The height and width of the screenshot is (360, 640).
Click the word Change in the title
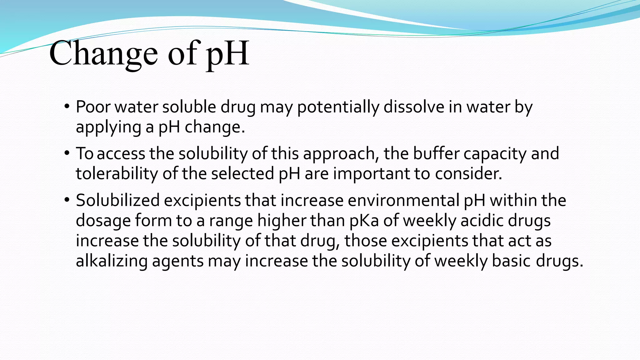click(x=103, y=54)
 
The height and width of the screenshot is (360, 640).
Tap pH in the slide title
click(x=227, y=54)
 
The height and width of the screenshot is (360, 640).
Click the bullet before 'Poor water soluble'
click(x=67, y=107)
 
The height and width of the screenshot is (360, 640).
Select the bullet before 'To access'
click(x=67, y=153)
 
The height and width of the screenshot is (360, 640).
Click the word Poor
click(x=93, y=107)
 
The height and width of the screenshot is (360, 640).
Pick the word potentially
click(x=338, y=107)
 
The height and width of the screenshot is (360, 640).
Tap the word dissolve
click(x=414, y=107)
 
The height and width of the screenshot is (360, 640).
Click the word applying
click(x=108, y=127)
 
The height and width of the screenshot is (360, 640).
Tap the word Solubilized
click(x=118, y=200)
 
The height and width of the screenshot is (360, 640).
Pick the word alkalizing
click(x=112, y=261)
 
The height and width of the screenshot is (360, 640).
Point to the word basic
click(x=512, y=261)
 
